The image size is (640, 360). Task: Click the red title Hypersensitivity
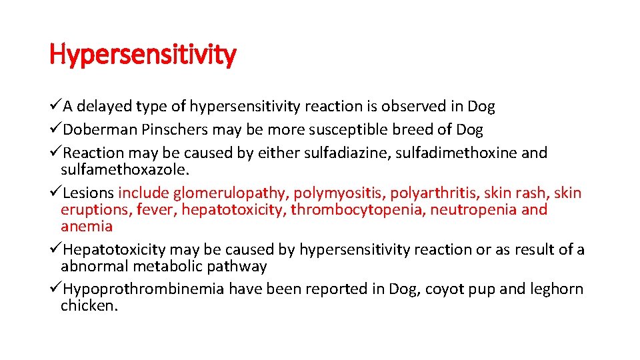(143, 55)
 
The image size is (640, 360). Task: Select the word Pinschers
(167, 129)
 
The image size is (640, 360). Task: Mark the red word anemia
(87, 226)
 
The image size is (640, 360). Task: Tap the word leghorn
(557, 289)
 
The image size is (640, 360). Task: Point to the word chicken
(89, 306)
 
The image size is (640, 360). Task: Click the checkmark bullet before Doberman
(56, 129)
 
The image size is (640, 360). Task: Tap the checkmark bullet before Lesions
(56, 193)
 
